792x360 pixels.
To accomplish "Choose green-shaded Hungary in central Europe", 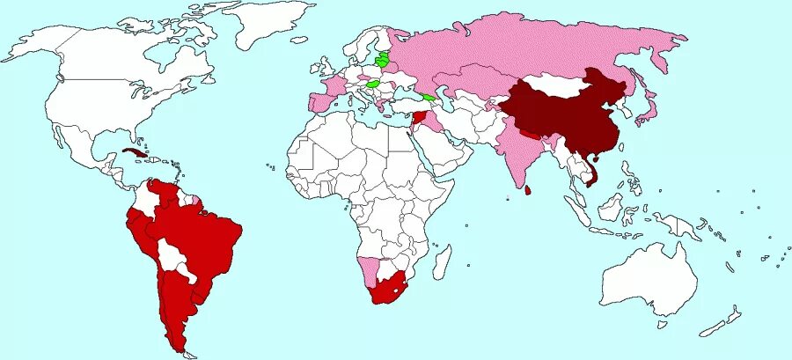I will pos(373,85).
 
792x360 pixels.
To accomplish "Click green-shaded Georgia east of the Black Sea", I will pos(429,97).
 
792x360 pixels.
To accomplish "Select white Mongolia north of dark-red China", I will pos(560,84).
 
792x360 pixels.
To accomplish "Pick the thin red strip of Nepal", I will pos(530,135).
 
